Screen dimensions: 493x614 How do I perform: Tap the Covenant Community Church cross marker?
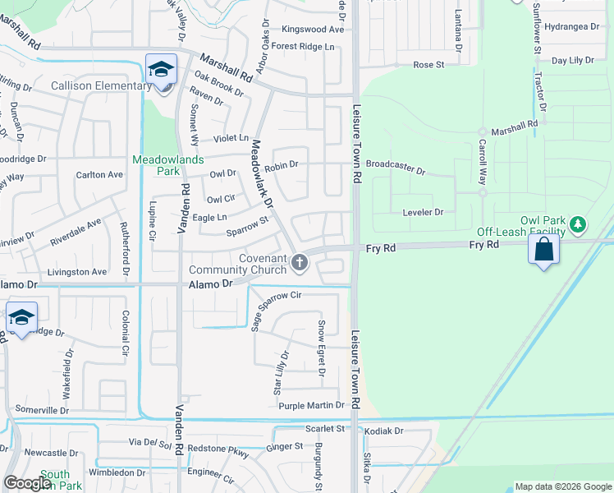click(x=300, y=262)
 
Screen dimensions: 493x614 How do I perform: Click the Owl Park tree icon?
click(x=578, y=223)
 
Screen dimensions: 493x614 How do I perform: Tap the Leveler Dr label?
click(x=423, y=212)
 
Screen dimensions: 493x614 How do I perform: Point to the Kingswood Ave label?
click(x=313, y=29)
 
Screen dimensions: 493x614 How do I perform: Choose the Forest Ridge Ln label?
click(x=304, y=47)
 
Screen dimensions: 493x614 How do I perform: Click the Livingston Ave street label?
click(x=77, y=272)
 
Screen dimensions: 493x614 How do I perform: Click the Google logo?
click(x=27, y=483)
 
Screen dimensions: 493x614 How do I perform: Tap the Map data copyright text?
click(x=562, y=486)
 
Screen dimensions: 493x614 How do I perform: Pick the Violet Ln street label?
click(x=231, y=139)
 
